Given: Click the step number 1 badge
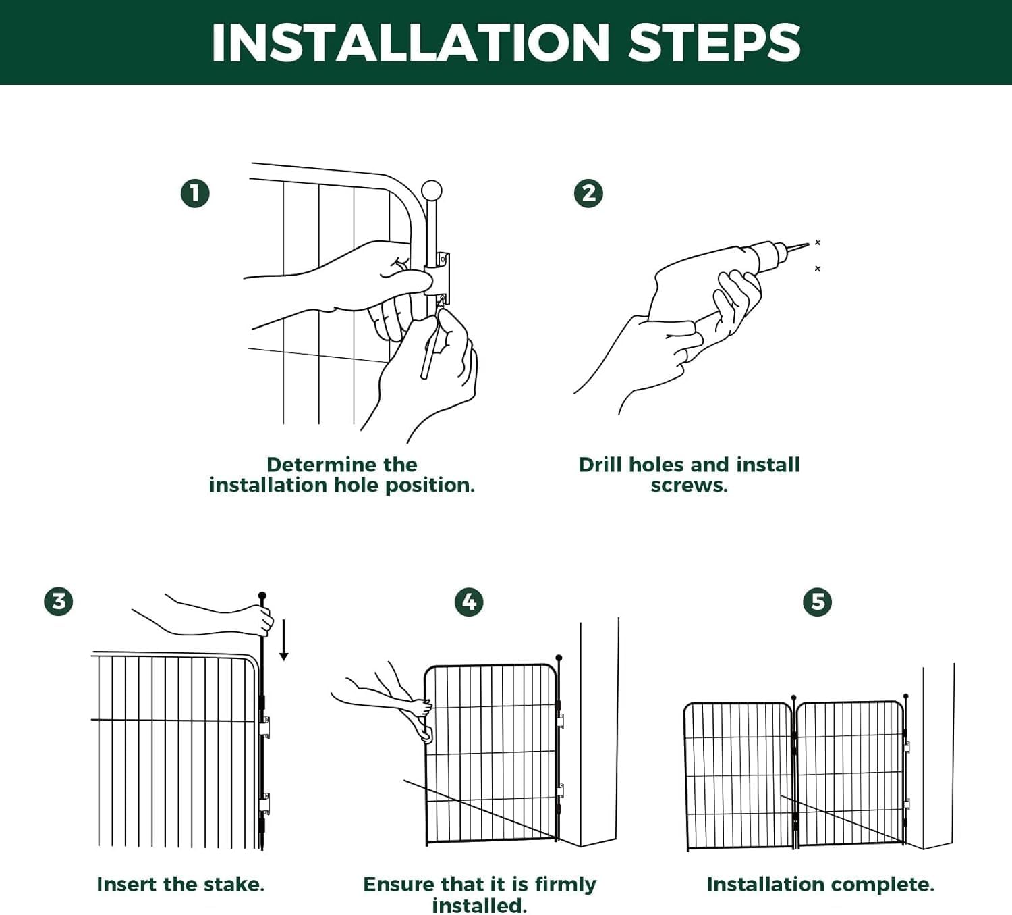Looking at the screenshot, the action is tap(195, 193).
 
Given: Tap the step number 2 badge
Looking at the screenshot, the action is tap(588, 193).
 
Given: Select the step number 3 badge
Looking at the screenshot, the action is tap(59, 602).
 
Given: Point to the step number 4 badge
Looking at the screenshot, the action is tap(469, 602).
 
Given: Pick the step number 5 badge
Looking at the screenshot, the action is tap(817, 602).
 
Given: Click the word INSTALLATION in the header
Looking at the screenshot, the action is tap(410, 43).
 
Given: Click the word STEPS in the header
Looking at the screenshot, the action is tap(714, 43).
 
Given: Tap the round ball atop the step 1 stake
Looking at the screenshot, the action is tap(431, 191).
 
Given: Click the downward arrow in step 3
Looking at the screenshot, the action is tap(283, 640).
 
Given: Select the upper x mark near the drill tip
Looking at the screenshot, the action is tap(818, 242).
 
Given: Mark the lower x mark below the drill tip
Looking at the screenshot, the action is tap(818, 269).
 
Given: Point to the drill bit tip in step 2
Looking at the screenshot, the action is tap(808, 244).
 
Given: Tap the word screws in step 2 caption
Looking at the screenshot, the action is tap(688, 486).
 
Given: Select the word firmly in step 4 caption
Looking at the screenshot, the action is tap(565, 884).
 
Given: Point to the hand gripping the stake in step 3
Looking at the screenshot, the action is tap(258, 621).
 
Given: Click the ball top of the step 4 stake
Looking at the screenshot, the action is tap(559, 658).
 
